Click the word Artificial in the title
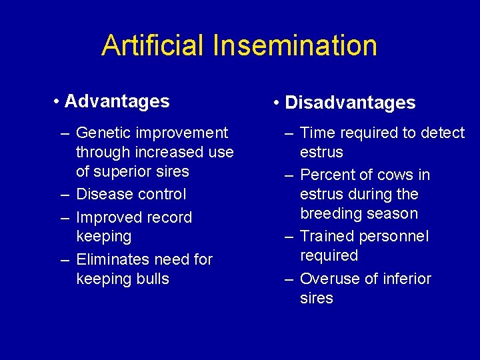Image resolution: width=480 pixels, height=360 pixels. (153, 45)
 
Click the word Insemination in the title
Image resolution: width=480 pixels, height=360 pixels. (295, 45)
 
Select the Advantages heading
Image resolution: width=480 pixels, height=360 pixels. (117, 101)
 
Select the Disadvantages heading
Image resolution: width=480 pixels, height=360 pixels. (350, 103)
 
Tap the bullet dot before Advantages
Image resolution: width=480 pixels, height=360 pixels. (59, 102)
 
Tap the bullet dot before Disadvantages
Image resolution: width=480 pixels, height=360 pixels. (277, 103)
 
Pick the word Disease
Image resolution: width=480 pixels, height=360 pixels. (103, 194)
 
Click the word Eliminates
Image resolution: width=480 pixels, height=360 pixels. (111, 259)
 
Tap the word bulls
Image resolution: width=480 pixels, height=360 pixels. (153, 279)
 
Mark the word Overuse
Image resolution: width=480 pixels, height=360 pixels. (328, 279)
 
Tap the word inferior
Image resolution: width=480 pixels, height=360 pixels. (406, 279)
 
